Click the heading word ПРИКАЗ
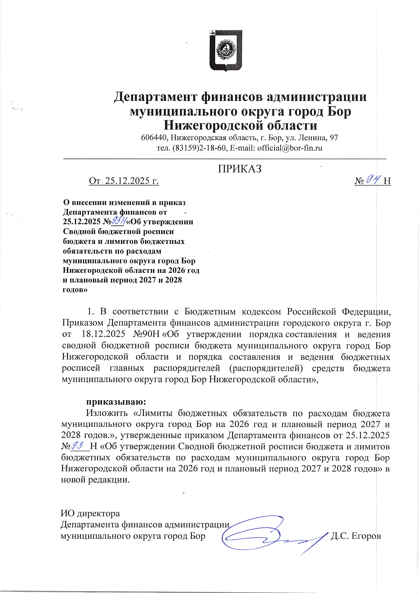point(240,169)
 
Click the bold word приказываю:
point(116,402)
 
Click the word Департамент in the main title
point(155,97)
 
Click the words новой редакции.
point(95,480)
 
